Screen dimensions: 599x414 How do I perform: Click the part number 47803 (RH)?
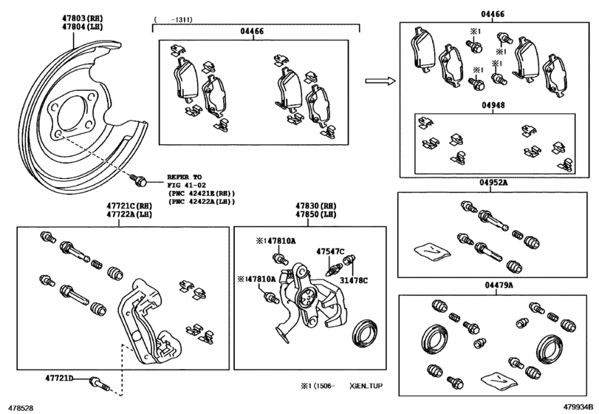click(83, 18)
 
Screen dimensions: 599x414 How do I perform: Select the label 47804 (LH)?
click(83, 27)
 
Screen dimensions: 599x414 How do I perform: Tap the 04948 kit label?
click(493, 105)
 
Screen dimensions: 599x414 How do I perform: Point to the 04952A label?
click(493, 183)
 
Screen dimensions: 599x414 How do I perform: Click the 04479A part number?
click(499, 285)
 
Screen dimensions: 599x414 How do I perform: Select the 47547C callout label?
click(330, 251)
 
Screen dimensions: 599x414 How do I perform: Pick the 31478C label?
click(354, 281)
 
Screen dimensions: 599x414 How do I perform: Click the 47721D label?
click(59, 379)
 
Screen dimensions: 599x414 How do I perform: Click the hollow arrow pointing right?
click(380, 81)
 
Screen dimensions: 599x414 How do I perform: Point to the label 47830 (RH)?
click(316, 206)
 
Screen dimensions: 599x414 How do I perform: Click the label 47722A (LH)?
click(129, 214)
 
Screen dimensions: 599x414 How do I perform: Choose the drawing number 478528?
click(21, 408)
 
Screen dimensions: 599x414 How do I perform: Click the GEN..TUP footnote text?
click(367, 386)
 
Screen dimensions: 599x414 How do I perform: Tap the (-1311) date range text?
click(174, 19)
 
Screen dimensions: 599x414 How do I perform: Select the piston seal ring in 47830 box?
click(364, 332)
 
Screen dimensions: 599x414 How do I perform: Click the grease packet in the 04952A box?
click(432, 251)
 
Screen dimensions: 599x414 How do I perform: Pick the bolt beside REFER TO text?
click(138, 180)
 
